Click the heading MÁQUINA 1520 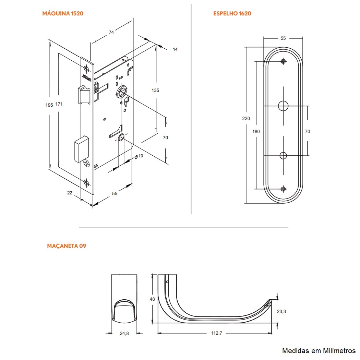63,14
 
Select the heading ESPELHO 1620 232,14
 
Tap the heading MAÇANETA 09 67,246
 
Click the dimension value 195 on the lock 49,105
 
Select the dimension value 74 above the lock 111,32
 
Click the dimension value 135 155,90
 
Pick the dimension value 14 175,49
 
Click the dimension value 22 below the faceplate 70,193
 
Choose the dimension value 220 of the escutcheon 246,119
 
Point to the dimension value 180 256,131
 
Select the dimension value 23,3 281,311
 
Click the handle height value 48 152,299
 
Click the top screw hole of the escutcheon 283,61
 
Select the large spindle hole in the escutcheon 283,106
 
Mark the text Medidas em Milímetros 319,351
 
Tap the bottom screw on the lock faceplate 87,182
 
